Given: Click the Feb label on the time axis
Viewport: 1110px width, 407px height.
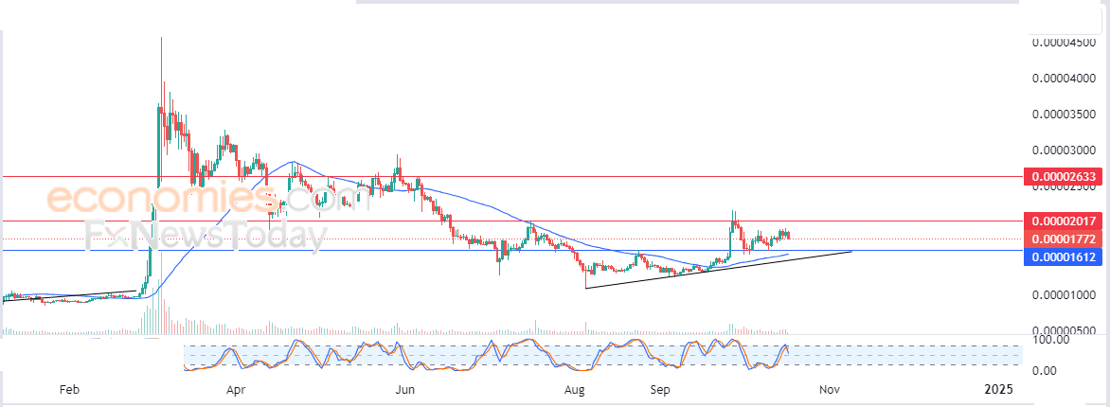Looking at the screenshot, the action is click(69, 389).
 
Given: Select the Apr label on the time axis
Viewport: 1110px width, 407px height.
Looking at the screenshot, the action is click(237, 389).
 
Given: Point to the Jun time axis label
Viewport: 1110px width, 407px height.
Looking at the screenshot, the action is click(405, 389).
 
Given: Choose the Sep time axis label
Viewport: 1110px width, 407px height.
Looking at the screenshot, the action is click(660, 389).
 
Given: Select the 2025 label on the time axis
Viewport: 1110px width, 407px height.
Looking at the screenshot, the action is click(999, 389).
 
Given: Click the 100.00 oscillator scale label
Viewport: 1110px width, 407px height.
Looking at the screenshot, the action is click(1051, 341).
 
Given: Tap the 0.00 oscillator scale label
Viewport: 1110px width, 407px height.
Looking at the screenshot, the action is click(1047, 370).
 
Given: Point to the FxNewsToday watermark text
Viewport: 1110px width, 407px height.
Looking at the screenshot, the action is click(206, 236).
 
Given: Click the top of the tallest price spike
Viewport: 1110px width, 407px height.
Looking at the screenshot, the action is click(161, 37).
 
